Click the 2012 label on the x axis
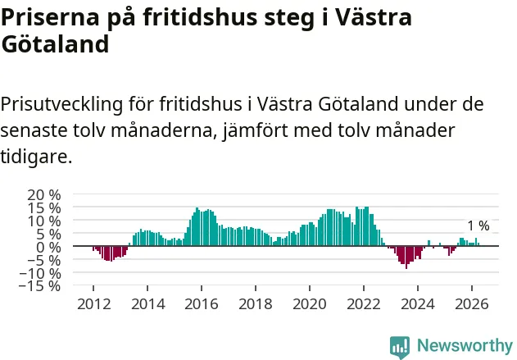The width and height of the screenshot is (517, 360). (x=94, y=304)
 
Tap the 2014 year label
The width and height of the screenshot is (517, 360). (x=148, y=304)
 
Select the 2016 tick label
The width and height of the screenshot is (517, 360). (x=202, y=304)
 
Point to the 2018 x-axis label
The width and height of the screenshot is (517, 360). (x=256, y=304)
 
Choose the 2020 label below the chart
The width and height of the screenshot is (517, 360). (x=310, y=304)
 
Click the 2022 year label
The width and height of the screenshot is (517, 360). (x=364, y=304)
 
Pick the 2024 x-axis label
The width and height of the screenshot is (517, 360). (x=418, y=304)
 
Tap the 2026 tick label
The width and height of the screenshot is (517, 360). (x=472, y=304)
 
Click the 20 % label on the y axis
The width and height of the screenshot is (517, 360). (x=44, y=195)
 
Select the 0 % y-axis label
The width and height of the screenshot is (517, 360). (x=48, y=247)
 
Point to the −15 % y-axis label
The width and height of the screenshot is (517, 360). (x=40, y=285)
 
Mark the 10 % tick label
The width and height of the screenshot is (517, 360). (x=44, y=221)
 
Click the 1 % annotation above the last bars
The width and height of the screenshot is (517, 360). (x=478, y=226)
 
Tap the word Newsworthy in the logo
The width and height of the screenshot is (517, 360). (x=465, y=345)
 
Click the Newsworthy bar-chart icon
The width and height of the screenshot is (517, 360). (x=400, y=347)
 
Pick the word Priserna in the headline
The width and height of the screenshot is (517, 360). (x=50, y=17)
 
